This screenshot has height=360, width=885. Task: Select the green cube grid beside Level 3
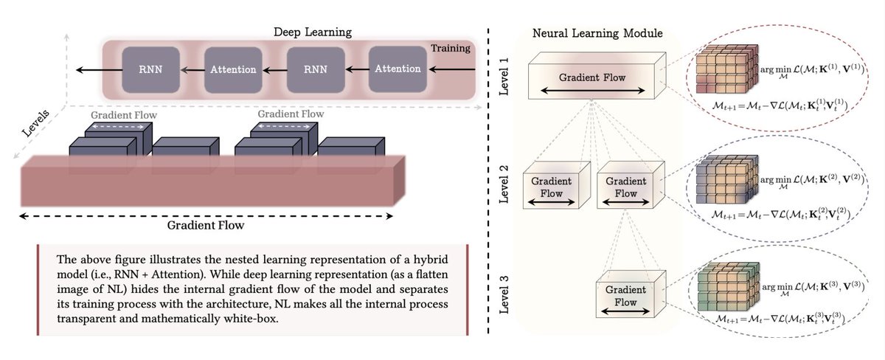725,288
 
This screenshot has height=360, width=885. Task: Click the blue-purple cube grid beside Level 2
725,181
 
